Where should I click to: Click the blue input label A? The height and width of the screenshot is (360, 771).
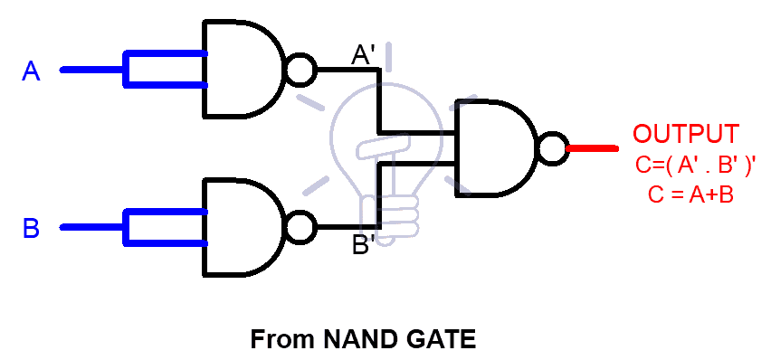point(31,71)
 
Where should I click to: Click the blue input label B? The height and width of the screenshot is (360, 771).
point(31,229)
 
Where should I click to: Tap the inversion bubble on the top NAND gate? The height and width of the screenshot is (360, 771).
point(300,70)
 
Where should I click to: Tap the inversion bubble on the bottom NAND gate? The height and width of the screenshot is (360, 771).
point(300,226)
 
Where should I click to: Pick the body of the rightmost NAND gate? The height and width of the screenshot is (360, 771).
point(493,148)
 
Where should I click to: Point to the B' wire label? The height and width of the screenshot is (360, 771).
point(364,245)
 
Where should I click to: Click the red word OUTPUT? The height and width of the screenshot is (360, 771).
point(685,134)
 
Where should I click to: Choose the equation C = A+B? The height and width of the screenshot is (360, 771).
point(690,193)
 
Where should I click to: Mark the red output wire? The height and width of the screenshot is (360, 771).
point(593,148)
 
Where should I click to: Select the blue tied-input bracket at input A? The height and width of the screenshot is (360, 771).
point(163,70)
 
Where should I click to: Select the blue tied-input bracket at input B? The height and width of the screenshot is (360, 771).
point(163,226)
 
